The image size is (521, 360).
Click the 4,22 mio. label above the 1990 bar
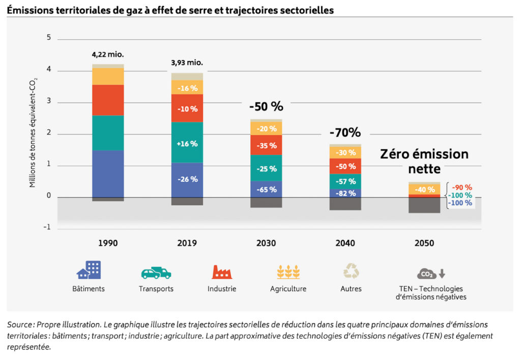coord(108,54)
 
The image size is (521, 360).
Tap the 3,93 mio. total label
coord(187,63)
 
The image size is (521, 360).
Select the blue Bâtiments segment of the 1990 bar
coord(108,173)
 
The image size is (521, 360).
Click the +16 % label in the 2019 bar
coord(187,143)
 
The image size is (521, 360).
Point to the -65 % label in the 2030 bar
coord(266,190)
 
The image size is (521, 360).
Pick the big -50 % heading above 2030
coord(266,107)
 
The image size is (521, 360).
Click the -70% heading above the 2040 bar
coord(345,133)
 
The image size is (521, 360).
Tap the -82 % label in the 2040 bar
coord(345,193)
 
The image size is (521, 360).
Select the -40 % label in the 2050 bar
coord(424,190)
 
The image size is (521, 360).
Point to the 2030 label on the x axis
coord(266,244)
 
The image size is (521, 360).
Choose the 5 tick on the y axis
coord(49,38)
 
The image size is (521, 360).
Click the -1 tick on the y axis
coord(48,228)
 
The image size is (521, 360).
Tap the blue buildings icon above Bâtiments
coord(89,270)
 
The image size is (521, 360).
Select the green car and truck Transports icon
coord(156,273)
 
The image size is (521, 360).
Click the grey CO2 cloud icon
coord(426,274)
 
